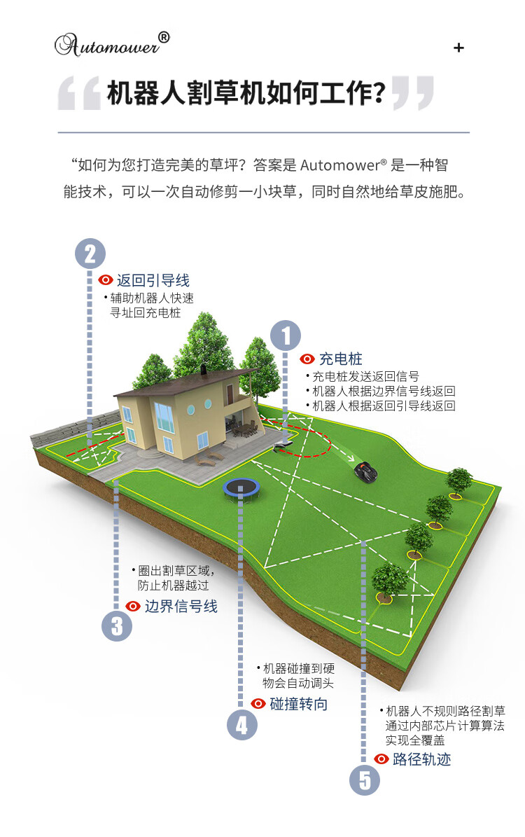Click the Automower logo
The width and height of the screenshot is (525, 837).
click(x=112, y=44)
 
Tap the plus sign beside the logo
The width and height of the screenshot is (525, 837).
click(x=459, y=48)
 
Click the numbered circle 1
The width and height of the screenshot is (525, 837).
click(x=286, y=335)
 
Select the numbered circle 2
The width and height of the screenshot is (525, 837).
click(x=90, y=254)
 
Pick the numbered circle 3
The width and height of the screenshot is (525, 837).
click(x=116, y=625)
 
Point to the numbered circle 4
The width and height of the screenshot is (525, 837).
click(x=241, y=724)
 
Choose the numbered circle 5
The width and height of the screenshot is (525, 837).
click(x=365, y=780)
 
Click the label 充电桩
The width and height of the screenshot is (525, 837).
click(x=341, y=359)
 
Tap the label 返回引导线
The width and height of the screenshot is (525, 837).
click(x=153, y=280)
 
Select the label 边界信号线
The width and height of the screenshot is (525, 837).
click(x=181, y=607)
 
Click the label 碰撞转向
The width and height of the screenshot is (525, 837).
click(x=299, y=704)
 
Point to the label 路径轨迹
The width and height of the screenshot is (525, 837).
click(x=421, y=759)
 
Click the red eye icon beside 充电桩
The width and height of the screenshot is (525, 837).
click(x=307, y=359)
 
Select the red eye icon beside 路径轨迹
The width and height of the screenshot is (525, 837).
click(x=381, y=759)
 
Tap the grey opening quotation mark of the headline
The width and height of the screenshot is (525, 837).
click(x=78, y=94)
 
